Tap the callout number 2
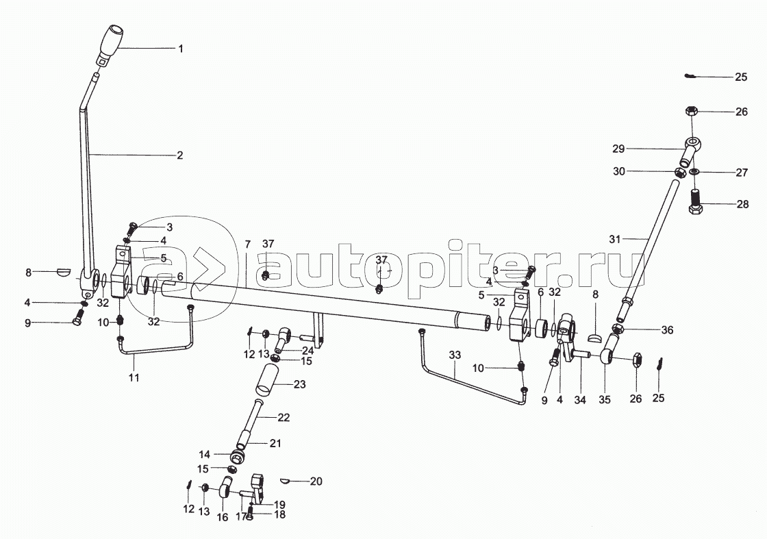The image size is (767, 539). pyautogui.click(x=179, y=155)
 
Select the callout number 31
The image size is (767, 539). pyautogui.click(x=614, y=239)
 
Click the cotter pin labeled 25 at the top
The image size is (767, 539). pyautogui.click(x=691, y=77)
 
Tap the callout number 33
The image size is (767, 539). pyautogui.click(x=455, y=356)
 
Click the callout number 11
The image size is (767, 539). pyautogui.click(x=134, y=377)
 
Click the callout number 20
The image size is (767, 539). pyautogui.click(x=315, y=481)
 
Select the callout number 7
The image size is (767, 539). pyautogui.click(x=248, y=245)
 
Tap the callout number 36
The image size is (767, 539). pyautogui.click(x=667, y=330)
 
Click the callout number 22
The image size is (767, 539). pyautogui.click(x=284, y=417)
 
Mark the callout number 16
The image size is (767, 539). pyautogui.click(x=223, y=518)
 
